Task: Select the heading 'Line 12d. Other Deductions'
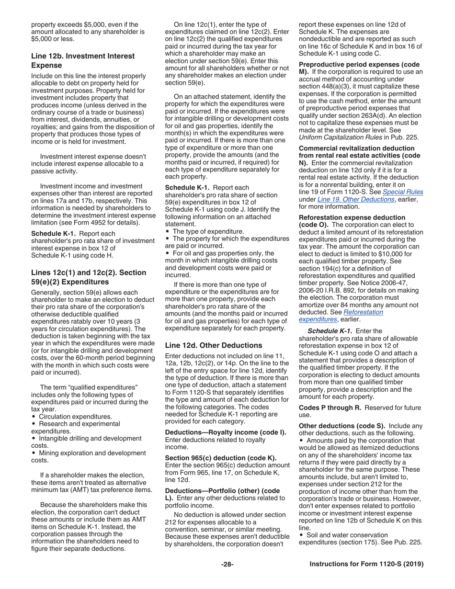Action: (x=214, y=345)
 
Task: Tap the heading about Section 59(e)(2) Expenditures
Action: (x=89, y=277)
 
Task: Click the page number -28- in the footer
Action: (x=227, y=564)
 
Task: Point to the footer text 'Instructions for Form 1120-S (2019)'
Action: (x=366, y=564)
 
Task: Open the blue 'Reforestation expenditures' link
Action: (x=341, y=316)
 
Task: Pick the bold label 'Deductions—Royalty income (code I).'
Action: (x=225, y=432)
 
